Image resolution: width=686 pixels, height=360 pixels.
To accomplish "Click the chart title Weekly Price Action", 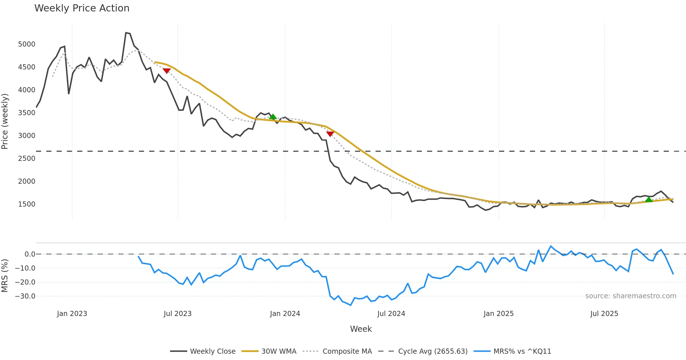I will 82,8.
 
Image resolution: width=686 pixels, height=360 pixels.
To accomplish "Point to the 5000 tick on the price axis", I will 27,44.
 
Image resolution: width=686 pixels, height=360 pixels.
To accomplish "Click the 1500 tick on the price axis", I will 27,204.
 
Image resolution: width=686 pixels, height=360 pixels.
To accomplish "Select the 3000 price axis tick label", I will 27,136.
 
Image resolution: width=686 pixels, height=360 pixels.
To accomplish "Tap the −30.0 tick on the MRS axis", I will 25,296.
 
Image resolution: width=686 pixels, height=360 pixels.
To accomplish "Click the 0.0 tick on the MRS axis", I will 30,254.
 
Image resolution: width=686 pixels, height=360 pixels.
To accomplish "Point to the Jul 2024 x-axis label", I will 391,314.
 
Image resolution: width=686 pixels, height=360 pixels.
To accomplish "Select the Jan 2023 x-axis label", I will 72,314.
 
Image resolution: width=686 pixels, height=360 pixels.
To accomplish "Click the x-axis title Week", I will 361,329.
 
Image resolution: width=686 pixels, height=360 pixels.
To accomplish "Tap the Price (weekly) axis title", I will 5,121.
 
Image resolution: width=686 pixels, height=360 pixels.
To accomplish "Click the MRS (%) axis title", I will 5,275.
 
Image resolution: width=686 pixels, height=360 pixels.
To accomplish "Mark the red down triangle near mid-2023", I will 167,71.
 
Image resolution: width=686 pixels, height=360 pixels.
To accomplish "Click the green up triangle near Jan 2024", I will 273,117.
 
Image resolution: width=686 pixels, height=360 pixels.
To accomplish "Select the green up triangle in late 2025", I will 649,199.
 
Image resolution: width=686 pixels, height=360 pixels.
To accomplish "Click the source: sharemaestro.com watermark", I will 631,296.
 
